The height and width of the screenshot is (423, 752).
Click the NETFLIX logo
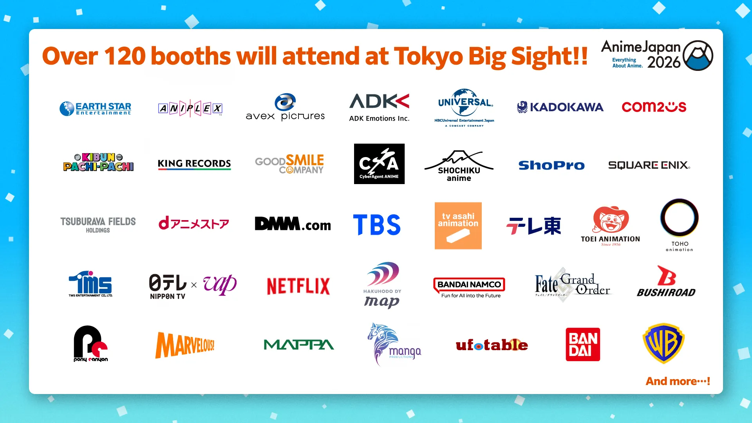298,286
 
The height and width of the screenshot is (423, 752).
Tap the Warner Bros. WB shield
663,343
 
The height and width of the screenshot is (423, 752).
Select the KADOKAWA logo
560,107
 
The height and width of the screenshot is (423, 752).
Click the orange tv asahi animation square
458,226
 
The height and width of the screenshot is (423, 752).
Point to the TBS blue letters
377,225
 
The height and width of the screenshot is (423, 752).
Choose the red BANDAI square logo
582,344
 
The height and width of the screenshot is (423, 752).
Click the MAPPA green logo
298,345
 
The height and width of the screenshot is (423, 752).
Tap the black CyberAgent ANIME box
379,164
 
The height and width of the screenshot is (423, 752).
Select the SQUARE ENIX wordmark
649,165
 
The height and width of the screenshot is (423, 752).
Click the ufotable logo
492,345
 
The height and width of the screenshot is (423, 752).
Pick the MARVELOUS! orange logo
185,345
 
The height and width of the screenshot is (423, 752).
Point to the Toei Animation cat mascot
611,220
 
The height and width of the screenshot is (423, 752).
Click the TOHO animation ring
679,218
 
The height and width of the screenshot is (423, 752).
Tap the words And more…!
678,381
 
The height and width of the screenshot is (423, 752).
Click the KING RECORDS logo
194,164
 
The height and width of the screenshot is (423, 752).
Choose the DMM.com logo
293,224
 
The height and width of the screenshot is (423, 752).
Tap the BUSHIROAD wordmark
666,293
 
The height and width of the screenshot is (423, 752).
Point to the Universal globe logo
465,102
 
